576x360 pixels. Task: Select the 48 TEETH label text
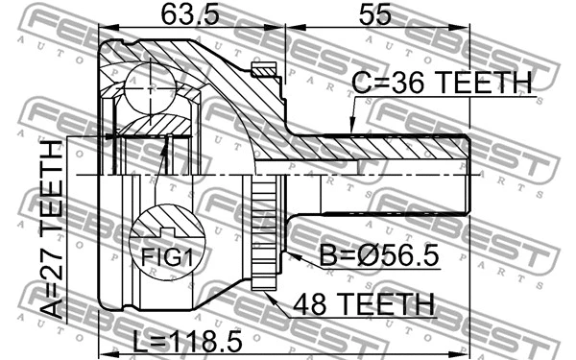[x=363, y=305]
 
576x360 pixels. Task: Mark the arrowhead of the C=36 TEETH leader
[x=349, y=131]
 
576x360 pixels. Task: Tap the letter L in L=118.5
[x=137, y=341]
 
